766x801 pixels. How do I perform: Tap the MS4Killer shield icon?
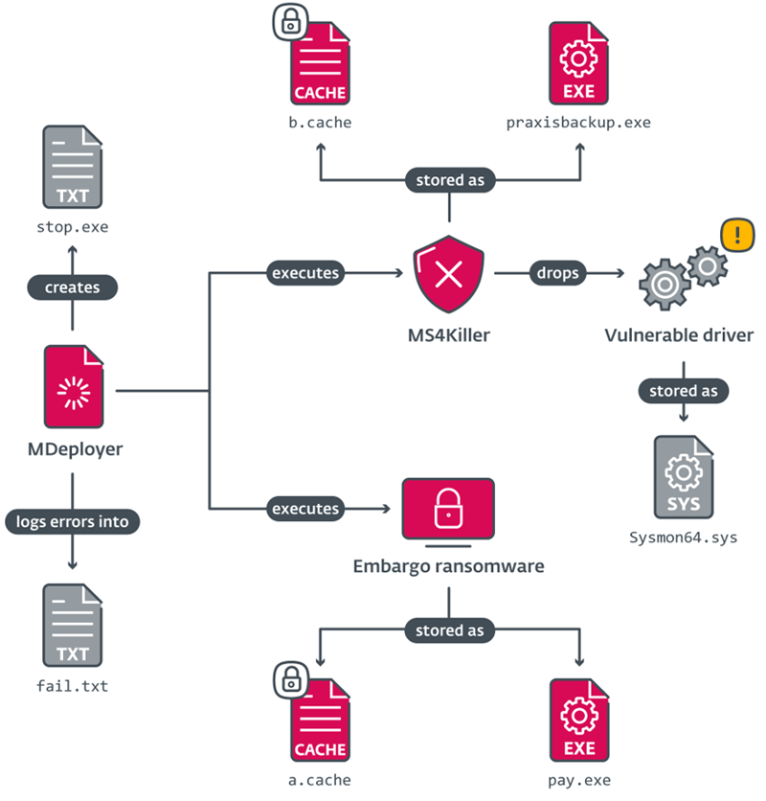pyautogui.click(x=448, y=275)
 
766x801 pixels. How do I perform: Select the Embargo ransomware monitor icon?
pyautogui.click(x=448, y=513)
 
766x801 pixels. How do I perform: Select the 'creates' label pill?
pyautogui.click(x=72, y=286)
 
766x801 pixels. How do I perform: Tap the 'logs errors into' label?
pyautogui.click(x=73, y=521)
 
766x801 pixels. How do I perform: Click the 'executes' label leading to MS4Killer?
pyautogui.click(x=305, y=273)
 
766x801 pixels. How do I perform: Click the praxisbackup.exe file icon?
pyautogui.click(x=578, y=64)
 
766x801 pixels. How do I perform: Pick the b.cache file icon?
pyautogui.click(x=320, y=64)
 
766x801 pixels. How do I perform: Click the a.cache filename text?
pyautogui.click(x=320, y=779)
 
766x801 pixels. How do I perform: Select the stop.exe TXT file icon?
pyautogui.click(x=72, y=169)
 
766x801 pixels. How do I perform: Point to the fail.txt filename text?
pyautogui.click(x=72, y=685)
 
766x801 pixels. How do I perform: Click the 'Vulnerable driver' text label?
pyautogui.click(x=679, y=335)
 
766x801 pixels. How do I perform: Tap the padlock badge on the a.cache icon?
pyautogui.click(x=288, y=679)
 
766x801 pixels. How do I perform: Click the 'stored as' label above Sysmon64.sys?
pyautogui.click(x=683, y=391)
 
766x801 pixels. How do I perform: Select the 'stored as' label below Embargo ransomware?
pyautogui.click(x=449, y=630)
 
